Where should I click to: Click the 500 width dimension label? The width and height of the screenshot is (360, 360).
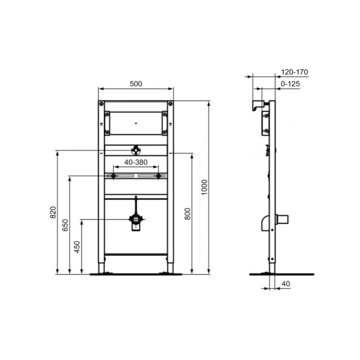[136, 83]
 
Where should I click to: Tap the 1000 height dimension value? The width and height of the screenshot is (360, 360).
[204, 187]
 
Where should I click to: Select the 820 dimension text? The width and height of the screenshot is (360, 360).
[53, 212]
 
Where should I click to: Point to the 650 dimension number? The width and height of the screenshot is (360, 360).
[65, 225]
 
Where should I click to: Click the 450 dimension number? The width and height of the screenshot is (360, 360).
[77, 247]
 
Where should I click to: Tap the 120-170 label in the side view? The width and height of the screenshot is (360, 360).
[294, 72]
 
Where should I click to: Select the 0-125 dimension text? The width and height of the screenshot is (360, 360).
[290, 84]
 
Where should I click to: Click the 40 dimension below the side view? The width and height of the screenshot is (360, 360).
[287, 283]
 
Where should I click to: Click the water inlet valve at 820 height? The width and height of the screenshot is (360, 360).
[136, 150]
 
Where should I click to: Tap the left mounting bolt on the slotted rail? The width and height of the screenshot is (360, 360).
[113, 176]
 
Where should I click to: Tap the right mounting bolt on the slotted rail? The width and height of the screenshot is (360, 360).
[158, 176]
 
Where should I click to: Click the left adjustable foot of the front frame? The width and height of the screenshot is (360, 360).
[102, 268]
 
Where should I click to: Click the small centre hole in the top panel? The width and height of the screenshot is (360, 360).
[136, 122]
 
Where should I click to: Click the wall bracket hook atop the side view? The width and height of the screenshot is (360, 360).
[257, 106]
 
